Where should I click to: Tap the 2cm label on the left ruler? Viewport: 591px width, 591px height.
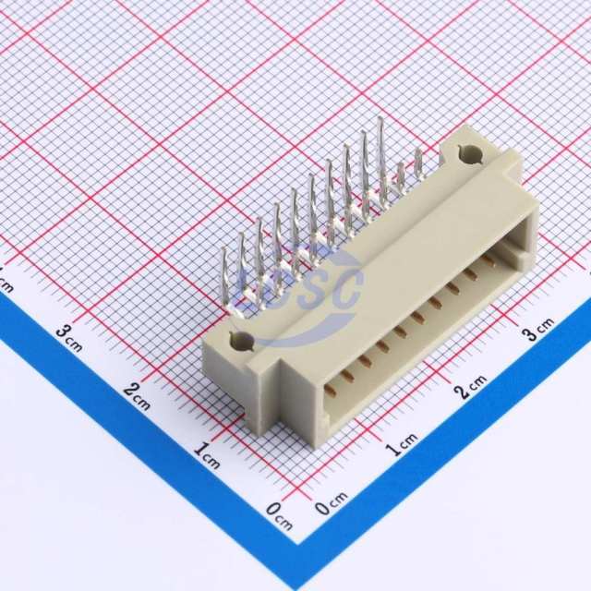pos(137,396)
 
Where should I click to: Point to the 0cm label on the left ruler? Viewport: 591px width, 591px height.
pos(279,516)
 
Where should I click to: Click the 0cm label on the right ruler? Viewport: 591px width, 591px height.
pos(332,503)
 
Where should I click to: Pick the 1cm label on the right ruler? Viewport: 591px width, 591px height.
pos(402,445)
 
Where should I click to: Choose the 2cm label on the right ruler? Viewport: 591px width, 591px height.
pos(471,386)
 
